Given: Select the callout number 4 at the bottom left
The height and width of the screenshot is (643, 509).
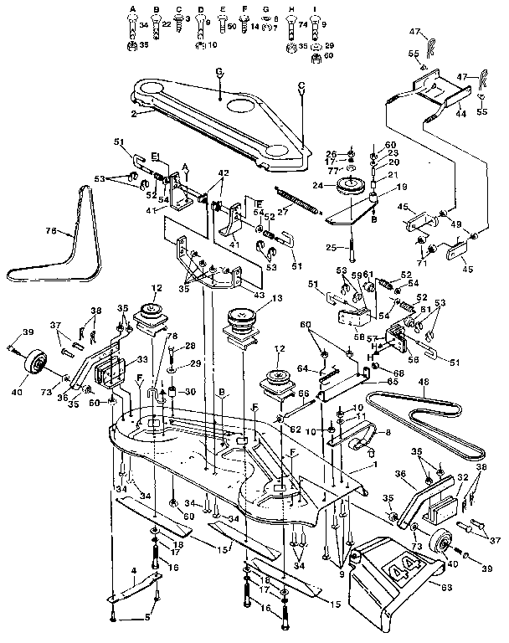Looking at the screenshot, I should pyautogui.click(x=133, y=572).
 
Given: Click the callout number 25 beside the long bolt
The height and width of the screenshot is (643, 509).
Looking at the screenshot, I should pyautogui.click(x=333, y=248).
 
